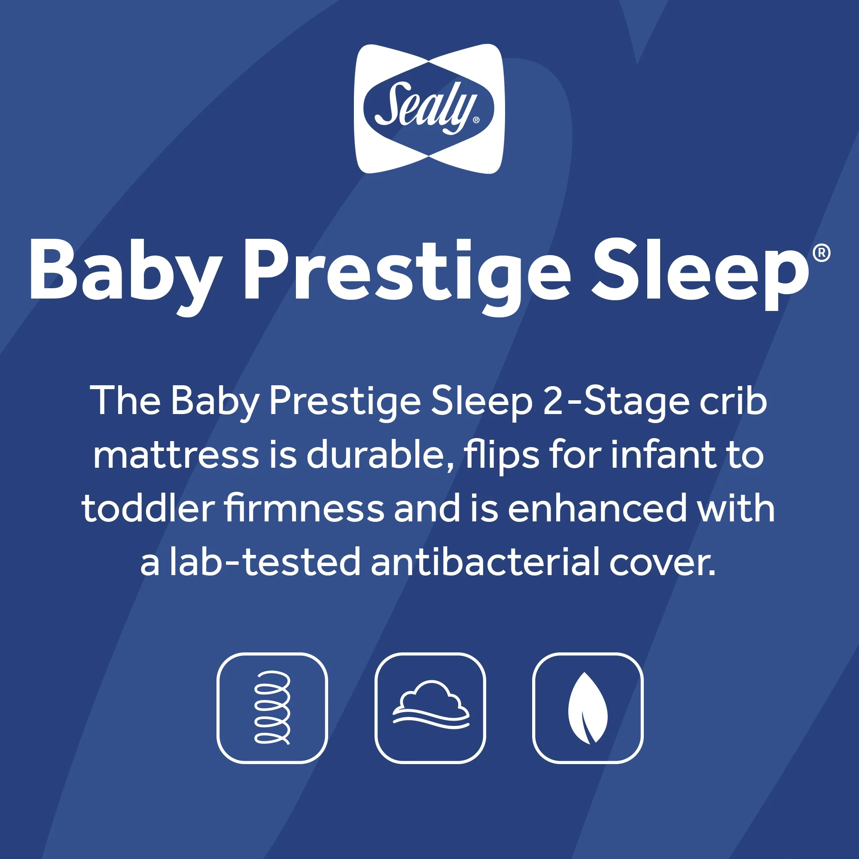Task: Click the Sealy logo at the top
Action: tap(429, 109)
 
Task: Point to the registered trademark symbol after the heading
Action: tap(821, 253)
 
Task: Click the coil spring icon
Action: tap(272, 708)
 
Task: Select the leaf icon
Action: tap(588, 708)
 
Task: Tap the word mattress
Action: tap(176, 455)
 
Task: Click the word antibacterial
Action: tap(485, 561)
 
